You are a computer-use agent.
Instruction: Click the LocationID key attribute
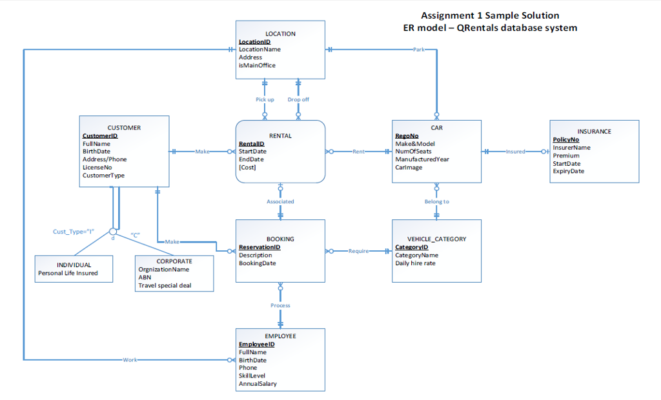point(254,42)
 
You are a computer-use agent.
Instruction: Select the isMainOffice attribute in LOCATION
point(257,65)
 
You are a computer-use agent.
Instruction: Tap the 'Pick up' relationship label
point(265,100)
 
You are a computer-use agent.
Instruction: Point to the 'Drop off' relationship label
point(298,100)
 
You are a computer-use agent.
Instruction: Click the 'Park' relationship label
point(419,50)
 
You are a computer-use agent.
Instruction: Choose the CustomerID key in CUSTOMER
point(100,136)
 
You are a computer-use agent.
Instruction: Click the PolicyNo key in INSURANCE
point(566,139)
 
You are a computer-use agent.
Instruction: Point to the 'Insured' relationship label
point(515,152)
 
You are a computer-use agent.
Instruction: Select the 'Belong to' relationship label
point(436,202)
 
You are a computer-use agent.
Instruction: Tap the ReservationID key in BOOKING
point(259,247)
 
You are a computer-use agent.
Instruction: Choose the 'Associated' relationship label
point(280,202)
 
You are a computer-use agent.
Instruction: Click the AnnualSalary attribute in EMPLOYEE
point(258,384)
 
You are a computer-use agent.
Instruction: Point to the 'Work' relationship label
point(130,359)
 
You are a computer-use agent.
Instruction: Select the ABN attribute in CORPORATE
point(145,277)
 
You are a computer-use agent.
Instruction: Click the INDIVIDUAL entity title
point(74,265)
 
